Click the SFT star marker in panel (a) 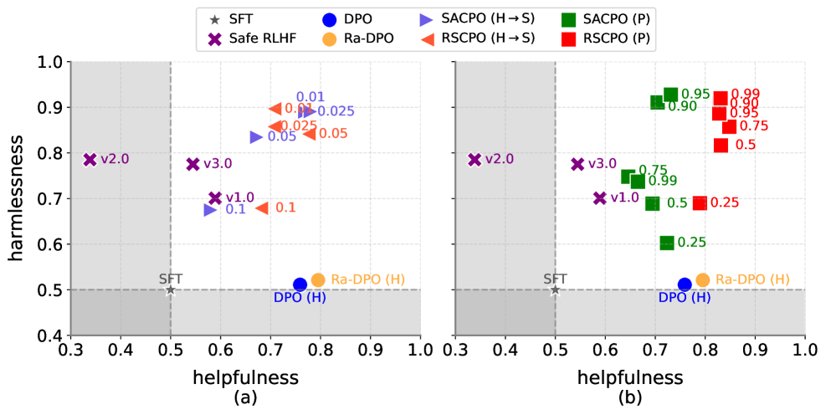tap(171, 290)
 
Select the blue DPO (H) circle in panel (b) tap(685, 284)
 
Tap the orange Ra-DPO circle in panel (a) tap(318, 280)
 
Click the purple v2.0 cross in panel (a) tap(90, 160)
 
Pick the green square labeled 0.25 tap(667, 243)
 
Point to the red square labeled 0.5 tap(721, 145)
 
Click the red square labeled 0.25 tap(700, 202)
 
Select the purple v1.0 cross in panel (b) tap(600, 198)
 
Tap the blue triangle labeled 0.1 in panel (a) tap(210, 209)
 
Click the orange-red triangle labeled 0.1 tap(262, 207)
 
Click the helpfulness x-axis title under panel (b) tap(630, 377)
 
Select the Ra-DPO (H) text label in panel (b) tap(752, 279)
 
